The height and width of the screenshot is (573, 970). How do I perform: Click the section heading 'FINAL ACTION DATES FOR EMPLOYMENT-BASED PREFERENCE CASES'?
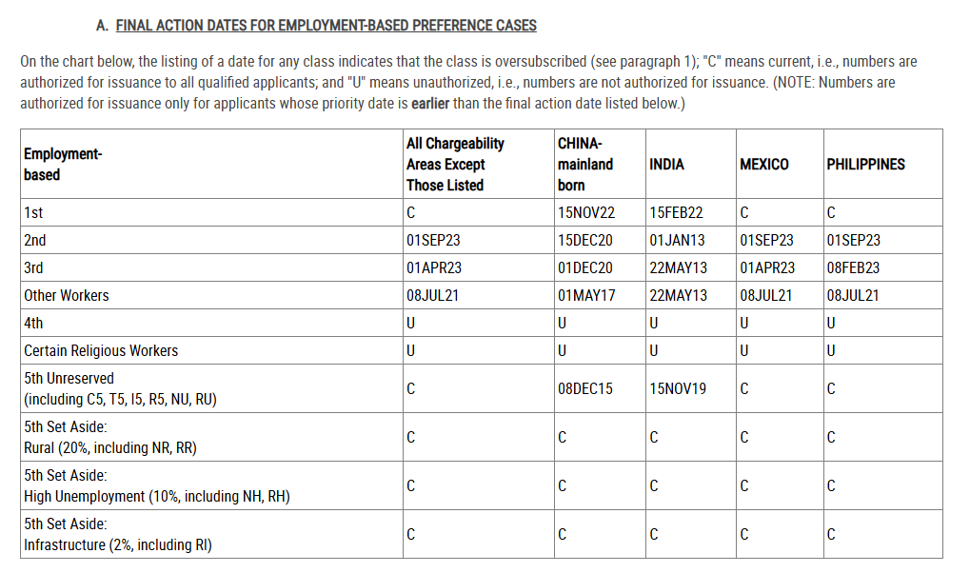[x=326, y=26]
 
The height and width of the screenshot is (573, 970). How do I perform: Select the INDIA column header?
[x=666, y=165]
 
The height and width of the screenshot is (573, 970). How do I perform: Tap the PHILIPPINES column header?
[x=865, y=165]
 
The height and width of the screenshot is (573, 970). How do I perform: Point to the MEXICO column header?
[x=763, y=165]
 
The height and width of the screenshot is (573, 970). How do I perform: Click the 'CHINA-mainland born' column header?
[x=585, y=164]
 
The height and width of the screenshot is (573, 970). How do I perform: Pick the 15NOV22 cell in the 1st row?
[x=586, y=213]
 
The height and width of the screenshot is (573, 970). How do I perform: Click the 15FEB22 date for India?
[x=676, y=213]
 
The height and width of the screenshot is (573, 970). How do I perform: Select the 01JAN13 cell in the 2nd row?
[x=678, y=241]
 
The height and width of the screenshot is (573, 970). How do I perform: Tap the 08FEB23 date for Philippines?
[x=854, y=268]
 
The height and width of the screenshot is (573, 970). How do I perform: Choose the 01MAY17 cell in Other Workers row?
[x=586, y=296]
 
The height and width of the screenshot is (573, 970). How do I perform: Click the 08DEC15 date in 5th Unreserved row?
[x=585, y=388]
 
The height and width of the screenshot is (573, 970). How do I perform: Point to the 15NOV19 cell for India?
[x=678, y=388]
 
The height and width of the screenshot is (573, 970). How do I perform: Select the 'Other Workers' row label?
[x=66, y=296]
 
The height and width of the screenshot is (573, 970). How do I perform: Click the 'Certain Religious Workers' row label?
[x=101, y=351]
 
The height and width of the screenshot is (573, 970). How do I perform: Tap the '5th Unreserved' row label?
[x=69, y=379]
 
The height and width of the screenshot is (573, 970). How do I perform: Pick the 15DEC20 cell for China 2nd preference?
[x=585, y=241]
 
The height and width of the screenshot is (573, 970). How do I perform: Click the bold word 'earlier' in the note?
[x=430, y=104]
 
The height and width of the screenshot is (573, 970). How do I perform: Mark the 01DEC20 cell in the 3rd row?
[x=585, y=268]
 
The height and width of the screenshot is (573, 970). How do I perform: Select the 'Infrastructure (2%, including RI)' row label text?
[x=117, y=545]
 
